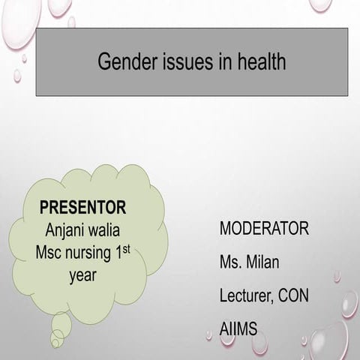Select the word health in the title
pyautogui.click(x=259, y=61)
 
